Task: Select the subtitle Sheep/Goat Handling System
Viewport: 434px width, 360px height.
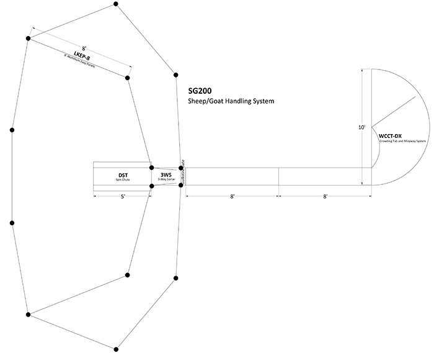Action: tap(231, 101)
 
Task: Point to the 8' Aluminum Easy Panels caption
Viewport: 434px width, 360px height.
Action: tap(82, 64)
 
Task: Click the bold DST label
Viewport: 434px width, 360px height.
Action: tap(123, 176)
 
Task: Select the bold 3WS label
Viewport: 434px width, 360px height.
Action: tap(166, 175)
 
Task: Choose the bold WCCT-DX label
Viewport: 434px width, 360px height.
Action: tap(390, 136)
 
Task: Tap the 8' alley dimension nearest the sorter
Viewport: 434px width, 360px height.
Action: tap(231, 197)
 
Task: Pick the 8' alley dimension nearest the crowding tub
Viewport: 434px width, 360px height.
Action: tap(325, 197)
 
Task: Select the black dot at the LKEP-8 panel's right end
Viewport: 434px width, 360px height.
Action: tap(127, 78)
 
